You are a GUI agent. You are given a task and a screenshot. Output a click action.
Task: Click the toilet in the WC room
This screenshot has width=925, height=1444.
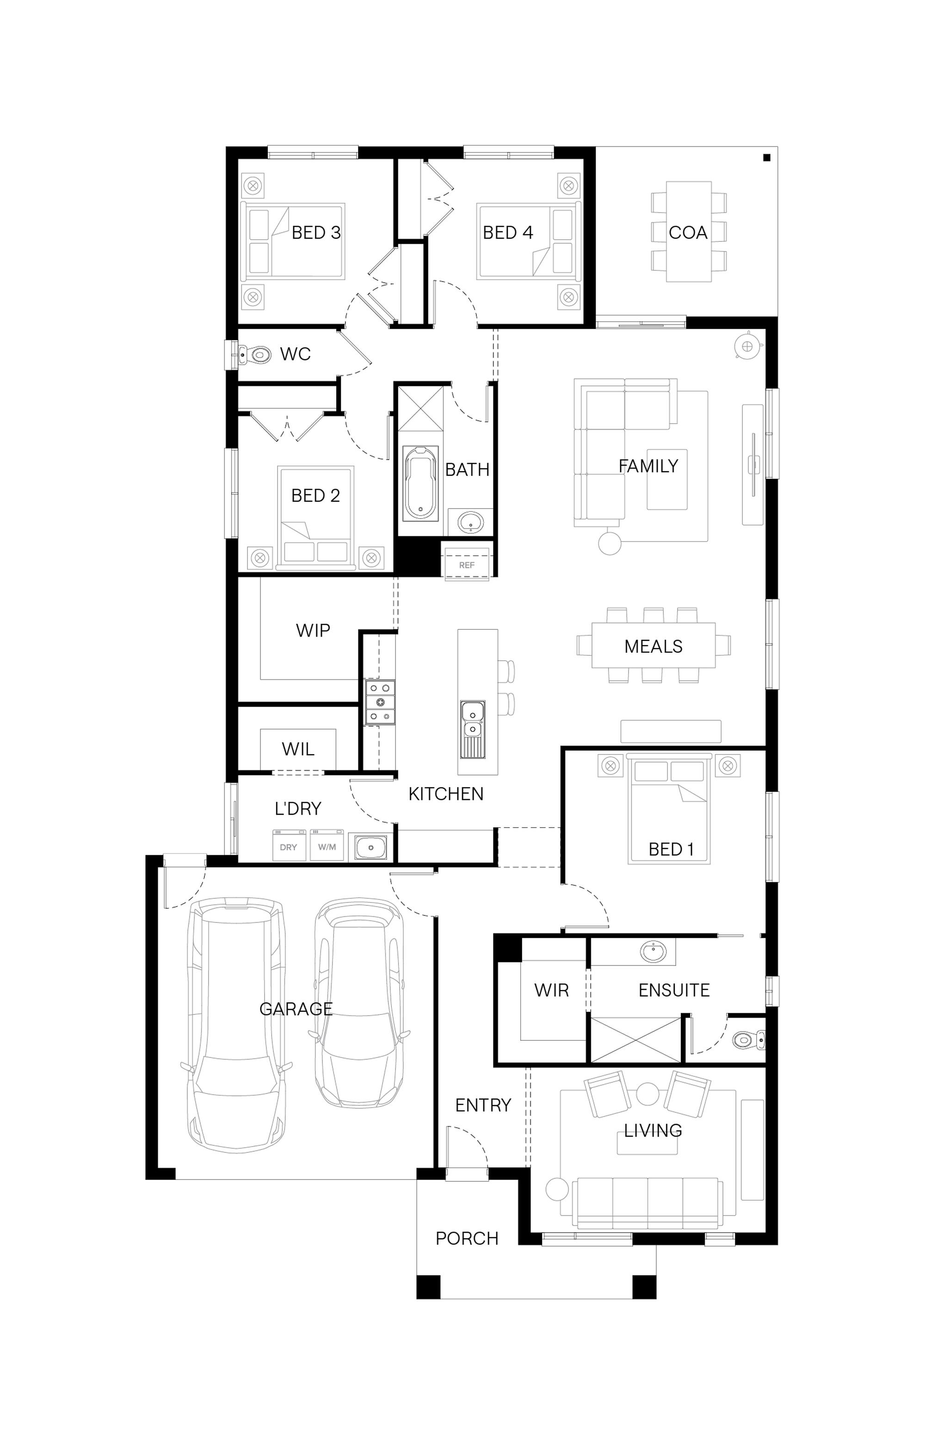click(x=255, y=354)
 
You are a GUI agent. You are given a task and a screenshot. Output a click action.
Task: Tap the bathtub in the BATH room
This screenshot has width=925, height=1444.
click(x=420, y=483)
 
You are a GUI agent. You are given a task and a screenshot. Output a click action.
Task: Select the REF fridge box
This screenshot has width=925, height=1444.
click(x=467, y=565)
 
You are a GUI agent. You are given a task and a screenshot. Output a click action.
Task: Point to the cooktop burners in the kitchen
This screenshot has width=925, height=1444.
click(x=381, y=702)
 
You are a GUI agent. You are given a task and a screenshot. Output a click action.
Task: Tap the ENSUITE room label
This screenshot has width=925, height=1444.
click(x=674, y=990)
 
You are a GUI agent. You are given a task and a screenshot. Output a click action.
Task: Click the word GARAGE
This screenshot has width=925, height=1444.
click(x=296, y=1009)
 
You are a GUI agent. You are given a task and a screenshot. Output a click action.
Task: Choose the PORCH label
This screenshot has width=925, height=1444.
click(x=467, y=1238)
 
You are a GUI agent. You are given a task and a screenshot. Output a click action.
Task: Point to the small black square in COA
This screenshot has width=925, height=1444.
click(x=766, y=158)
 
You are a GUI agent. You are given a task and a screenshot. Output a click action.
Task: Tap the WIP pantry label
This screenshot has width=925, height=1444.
click(x=313, y=630)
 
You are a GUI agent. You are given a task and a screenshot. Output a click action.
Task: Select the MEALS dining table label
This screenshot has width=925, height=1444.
click(x=654, y=647)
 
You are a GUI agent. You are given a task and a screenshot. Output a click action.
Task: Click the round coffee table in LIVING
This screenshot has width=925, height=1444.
click(x=647, y=1094)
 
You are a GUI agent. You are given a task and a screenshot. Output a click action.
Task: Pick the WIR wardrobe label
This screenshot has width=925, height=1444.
click(x=551, y=990)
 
